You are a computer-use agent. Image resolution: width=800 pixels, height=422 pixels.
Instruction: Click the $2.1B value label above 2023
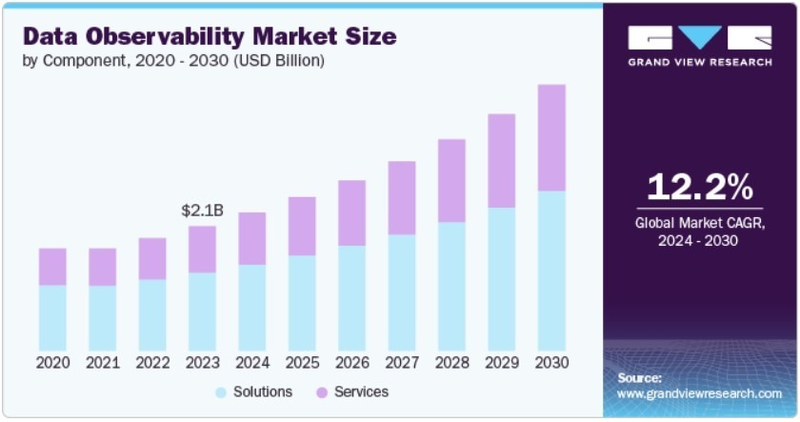click(202, 211)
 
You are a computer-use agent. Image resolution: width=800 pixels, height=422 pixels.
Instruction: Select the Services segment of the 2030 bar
click(551, 138)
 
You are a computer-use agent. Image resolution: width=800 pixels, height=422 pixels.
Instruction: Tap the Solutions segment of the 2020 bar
click(52, 317)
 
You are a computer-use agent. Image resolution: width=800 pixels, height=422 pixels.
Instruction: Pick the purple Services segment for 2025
click(302, 227)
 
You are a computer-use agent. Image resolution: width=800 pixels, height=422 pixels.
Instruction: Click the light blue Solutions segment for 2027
click(402, 291)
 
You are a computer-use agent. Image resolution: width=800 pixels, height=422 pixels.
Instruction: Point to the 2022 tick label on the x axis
click(152, 363)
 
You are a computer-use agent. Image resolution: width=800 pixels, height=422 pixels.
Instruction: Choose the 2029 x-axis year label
click(502, 363)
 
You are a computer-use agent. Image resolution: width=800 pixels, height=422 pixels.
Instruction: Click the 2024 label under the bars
click(251, 363)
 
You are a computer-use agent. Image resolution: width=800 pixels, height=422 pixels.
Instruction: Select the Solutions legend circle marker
click(221, 392)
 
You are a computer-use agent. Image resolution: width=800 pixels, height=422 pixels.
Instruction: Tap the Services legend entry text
click(361, 392)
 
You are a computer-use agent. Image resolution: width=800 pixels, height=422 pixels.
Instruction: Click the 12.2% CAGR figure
click(700, 188)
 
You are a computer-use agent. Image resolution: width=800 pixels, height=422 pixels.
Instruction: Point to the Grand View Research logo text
click(700, 64)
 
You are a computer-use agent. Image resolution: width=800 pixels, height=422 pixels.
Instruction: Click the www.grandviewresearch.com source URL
click(699, 393)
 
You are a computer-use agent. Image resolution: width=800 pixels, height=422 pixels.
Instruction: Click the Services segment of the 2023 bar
click(202, 250)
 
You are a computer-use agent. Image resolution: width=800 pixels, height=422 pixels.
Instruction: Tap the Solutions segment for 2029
click(502, 278)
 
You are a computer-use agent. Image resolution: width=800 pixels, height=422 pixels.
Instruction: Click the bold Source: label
click(639, 378)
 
